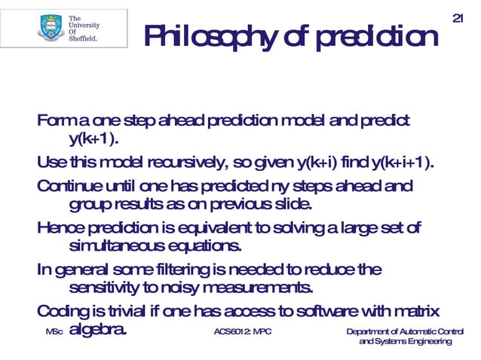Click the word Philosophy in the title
[217, 37]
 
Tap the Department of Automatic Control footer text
[405, 332]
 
